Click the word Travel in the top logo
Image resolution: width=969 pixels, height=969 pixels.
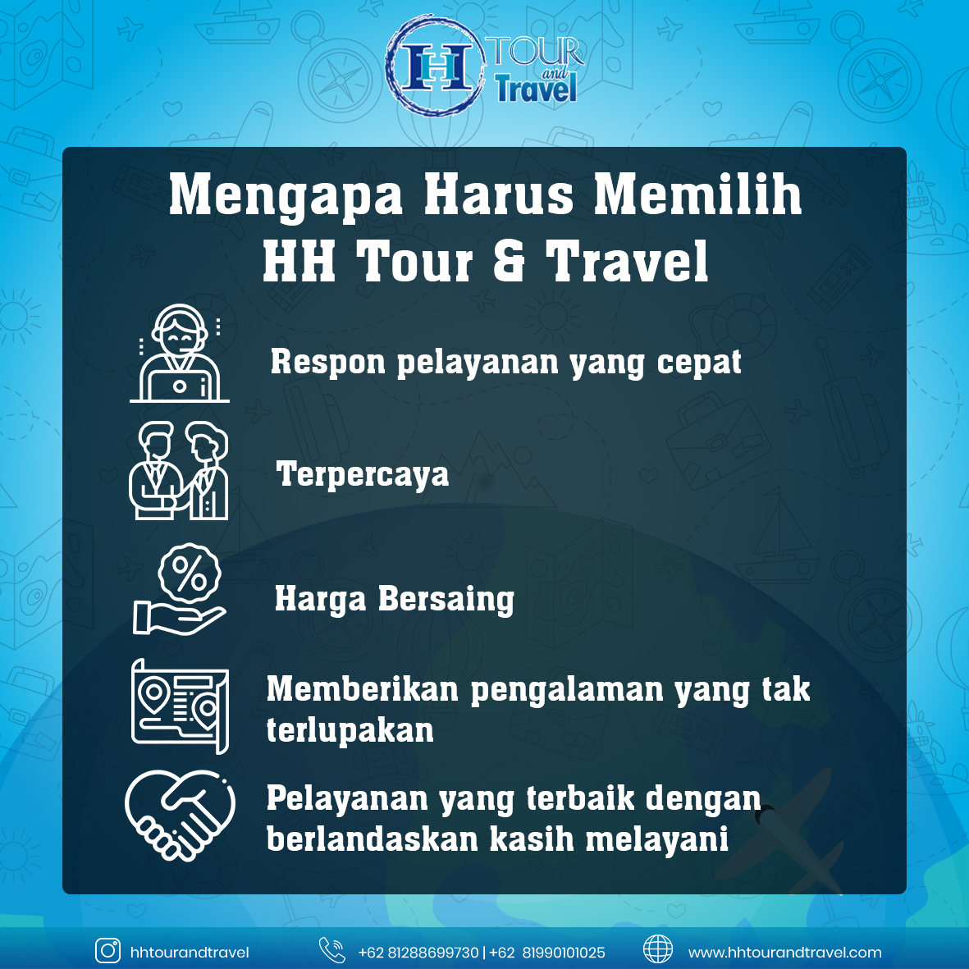coord(536,89)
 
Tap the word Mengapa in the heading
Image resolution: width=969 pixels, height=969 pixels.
coord(286,196)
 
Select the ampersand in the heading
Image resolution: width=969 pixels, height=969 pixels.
coord(510,261)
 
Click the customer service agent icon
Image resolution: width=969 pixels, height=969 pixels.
coord(179,353)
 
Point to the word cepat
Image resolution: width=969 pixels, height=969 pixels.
coord(699,363)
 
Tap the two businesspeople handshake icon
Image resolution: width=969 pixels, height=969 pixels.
coord(179,469)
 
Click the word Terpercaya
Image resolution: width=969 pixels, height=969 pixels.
coord(363,474)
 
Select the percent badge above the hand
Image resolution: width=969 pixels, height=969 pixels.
coord(190,574)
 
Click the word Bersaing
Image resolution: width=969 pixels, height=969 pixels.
coord(446,599)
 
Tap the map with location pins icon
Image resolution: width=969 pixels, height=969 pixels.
coord(180,706)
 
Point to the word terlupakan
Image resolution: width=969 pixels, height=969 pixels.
coord(350,730)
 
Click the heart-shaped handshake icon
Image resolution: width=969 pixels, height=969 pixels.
coord(180,815)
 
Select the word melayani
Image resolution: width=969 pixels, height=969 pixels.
coord(657,840)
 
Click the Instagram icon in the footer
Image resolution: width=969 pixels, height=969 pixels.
coord(108,951)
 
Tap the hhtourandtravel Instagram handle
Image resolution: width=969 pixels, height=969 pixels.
coord(190,953)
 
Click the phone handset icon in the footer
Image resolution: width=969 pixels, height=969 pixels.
coord(331,950)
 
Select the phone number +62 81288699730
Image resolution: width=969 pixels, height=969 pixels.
coord(418,953)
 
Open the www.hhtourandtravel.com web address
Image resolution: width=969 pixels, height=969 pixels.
coord(785,953)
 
